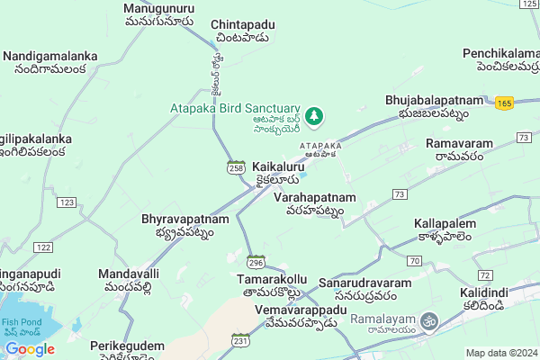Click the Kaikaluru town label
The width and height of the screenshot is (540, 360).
click(278, 167)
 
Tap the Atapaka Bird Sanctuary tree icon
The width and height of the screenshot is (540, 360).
click(314, 115)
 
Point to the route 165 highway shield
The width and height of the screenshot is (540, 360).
click(504, 104)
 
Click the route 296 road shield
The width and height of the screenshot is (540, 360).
click(256, 262)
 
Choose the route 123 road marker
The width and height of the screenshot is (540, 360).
click(66, 202)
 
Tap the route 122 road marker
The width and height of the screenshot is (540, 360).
click(42, 247)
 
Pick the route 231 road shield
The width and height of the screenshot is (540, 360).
click(240, 340)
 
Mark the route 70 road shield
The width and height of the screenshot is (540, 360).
click(413, 260)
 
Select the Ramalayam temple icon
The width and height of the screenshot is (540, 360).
click(430, 319)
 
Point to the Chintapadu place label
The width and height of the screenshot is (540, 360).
click(242, 25)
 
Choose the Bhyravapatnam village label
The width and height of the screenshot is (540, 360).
click(184, 218)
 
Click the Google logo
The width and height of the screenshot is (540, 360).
click(30, 349)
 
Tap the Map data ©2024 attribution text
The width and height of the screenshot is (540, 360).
click(499, 353)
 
